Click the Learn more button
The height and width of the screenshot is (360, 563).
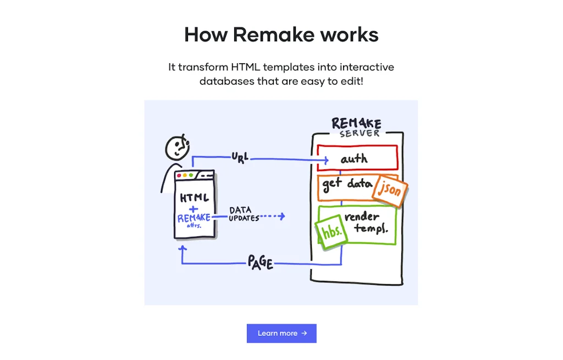tap(281, 333)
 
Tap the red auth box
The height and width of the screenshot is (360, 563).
tap(357, 158)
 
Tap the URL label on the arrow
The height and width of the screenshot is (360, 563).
tap(240, 158)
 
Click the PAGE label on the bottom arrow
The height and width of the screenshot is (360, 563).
tap(260, 262)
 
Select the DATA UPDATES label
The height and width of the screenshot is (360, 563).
tap(244, 214)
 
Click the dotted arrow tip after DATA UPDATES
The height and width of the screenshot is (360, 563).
tap(282, 217)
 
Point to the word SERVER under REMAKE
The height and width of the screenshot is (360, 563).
tap(360, 134)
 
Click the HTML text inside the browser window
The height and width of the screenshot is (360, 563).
tap(194, 197)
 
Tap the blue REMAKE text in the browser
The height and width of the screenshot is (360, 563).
tap(194, 218)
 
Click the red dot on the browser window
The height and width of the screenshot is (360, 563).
tap(179, 175)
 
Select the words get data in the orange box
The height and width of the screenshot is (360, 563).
tap(347, 183)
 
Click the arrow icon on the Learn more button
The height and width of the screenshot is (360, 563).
tap(304, 333)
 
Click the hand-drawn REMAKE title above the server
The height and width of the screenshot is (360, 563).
tap(356, 123)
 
